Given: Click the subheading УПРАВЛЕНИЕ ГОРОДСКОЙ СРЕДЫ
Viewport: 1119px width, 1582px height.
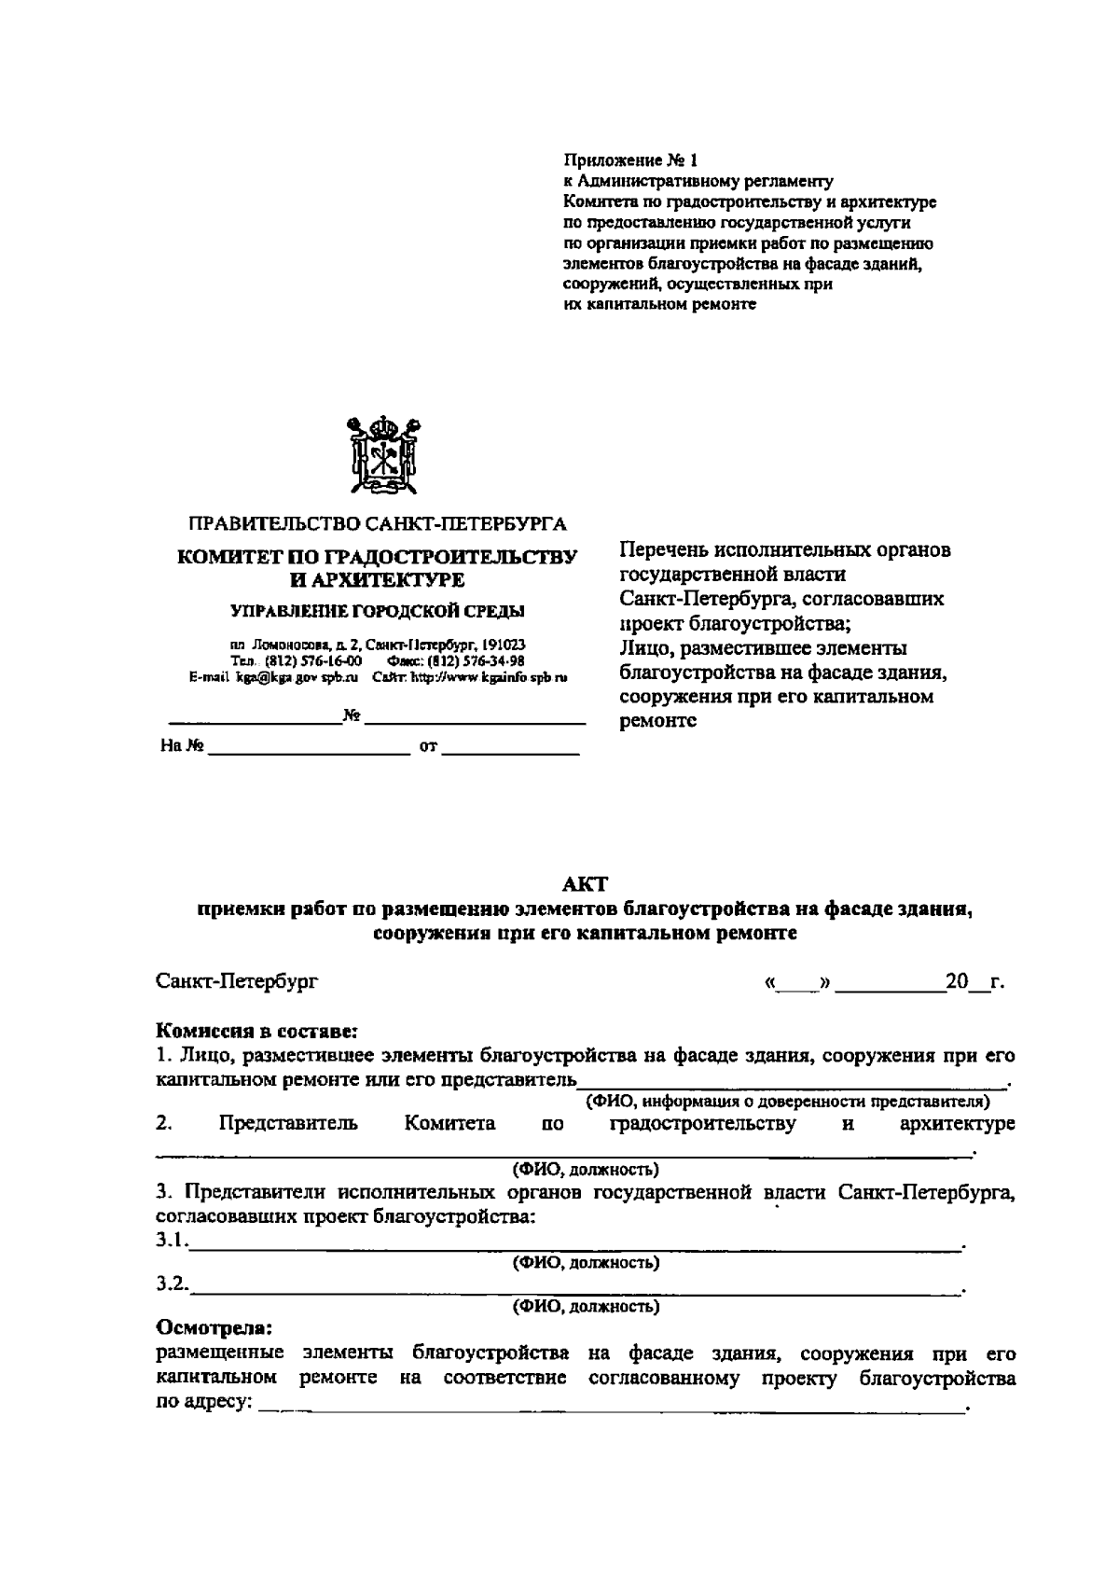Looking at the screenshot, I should point(377,612).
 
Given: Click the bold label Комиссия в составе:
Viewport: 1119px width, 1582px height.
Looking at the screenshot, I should point(256,1033).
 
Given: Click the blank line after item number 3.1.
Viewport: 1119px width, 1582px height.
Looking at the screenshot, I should point(573,1243).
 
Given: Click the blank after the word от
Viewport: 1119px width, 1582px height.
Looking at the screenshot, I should point(510,747).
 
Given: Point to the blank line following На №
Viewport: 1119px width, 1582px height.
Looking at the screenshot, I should point(308,747).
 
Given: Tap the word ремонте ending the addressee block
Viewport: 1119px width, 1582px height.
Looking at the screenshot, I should point(658,721).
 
